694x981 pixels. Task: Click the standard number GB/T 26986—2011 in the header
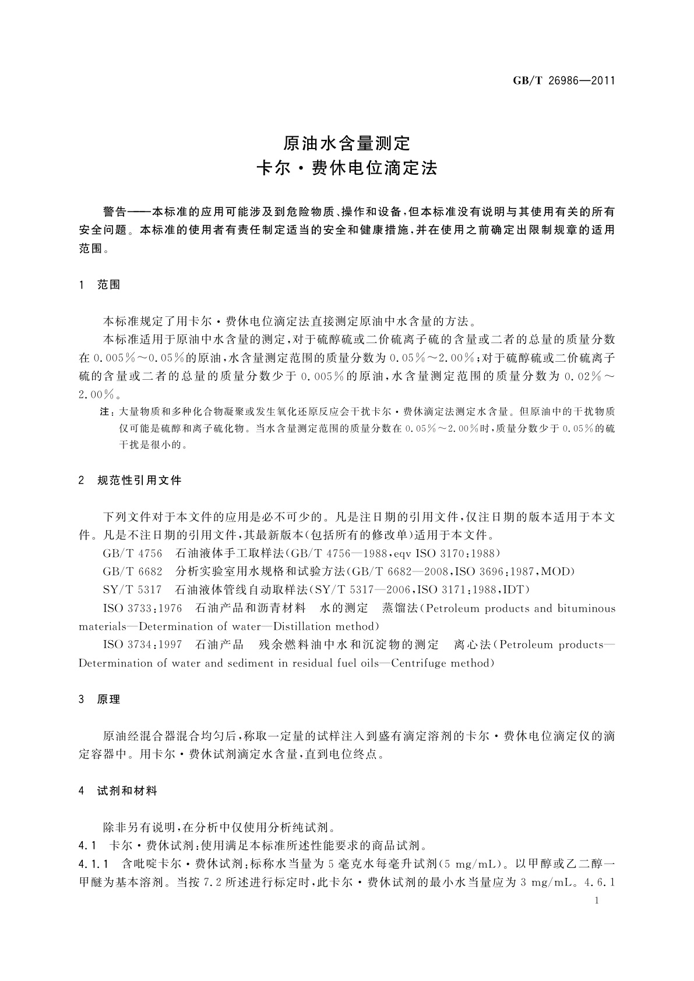click(x=563, y=81)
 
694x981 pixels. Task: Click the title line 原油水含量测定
click(x=347, y=143)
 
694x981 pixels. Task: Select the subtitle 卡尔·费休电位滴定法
click(x=347, y=169)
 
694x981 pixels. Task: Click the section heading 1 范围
click(x=100, y=285)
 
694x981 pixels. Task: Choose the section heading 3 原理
click(x=100, y=700)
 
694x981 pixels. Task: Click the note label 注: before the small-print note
click(x=107, y=411)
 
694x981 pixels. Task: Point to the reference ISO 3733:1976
click(x=142, y=608)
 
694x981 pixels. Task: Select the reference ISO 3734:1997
click(x=142, y=645)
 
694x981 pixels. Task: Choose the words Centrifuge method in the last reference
click(x=443, y=663)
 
